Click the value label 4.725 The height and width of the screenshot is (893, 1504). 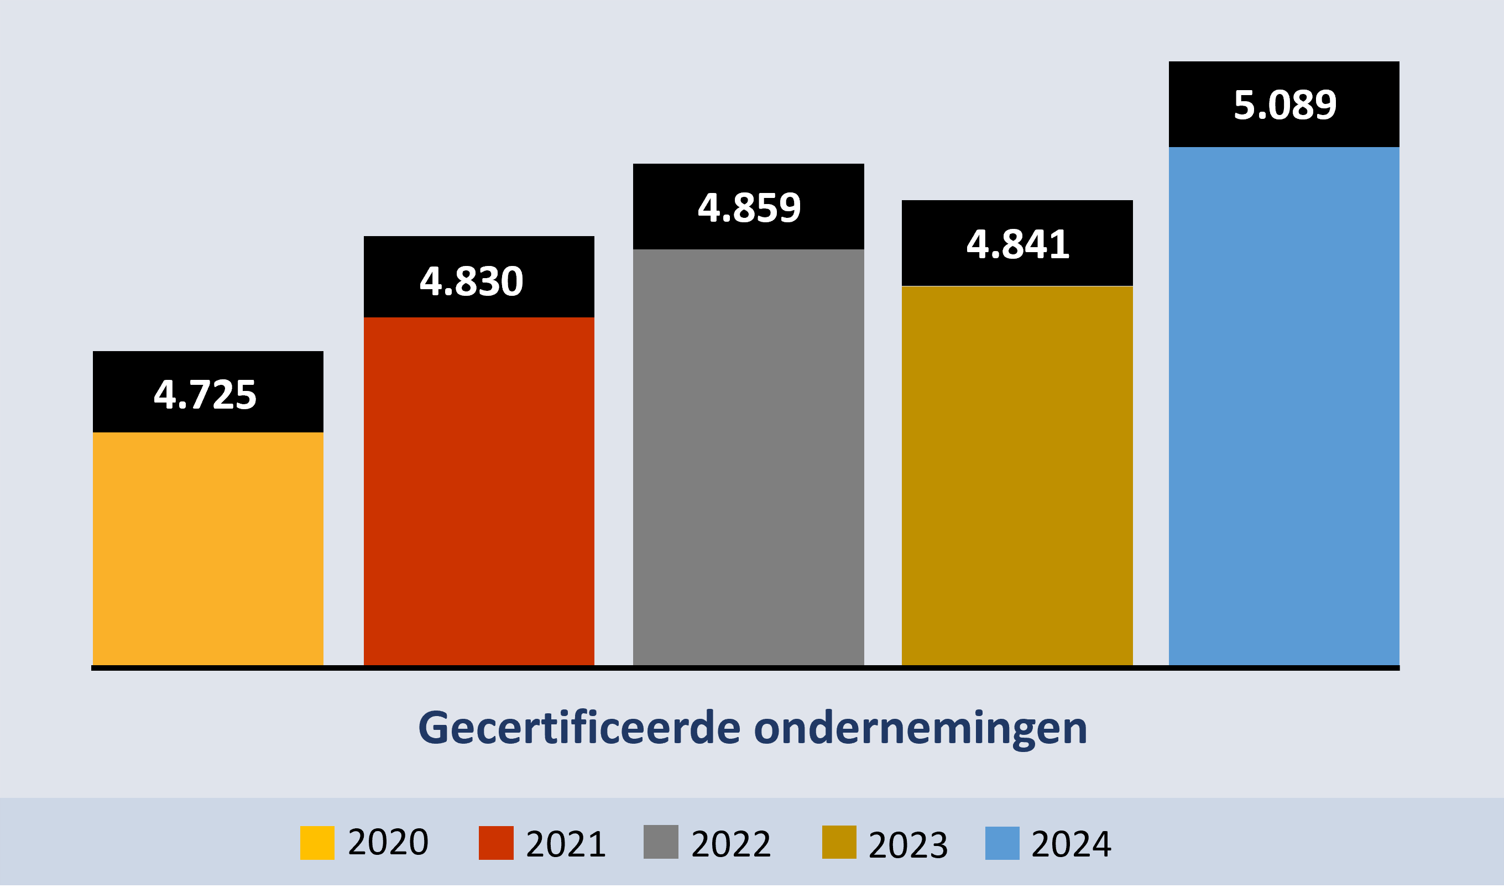[205, 395]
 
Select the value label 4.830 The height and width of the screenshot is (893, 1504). [472, 281]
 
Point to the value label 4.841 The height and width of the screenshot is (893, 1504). [1018, 245]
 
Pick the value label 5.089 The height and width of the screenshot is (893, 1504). [1285, 105]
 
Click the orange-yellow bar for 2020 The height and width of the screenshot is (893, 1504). [208, 547]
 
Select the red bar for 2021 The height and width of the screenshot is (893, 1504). [479, 490]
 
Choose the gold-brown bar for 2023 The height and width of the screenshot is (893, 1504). [1017, 475]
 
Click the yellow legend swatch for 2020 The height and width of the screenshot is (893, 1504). [317, 843]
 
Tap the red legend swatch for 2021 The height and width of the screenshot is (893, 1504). [496, 843]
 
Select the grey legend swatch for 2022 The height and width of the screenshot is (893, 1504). [661, 842]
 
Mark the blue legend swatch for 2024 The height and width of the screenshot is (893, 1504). [1002, 843]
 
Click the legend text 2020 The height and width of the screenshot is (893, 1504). [388, 842]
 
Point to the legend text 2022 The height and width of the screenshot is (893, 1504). [731, 844]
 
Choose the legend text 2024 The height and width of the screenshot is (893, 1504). [1072, 844]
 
